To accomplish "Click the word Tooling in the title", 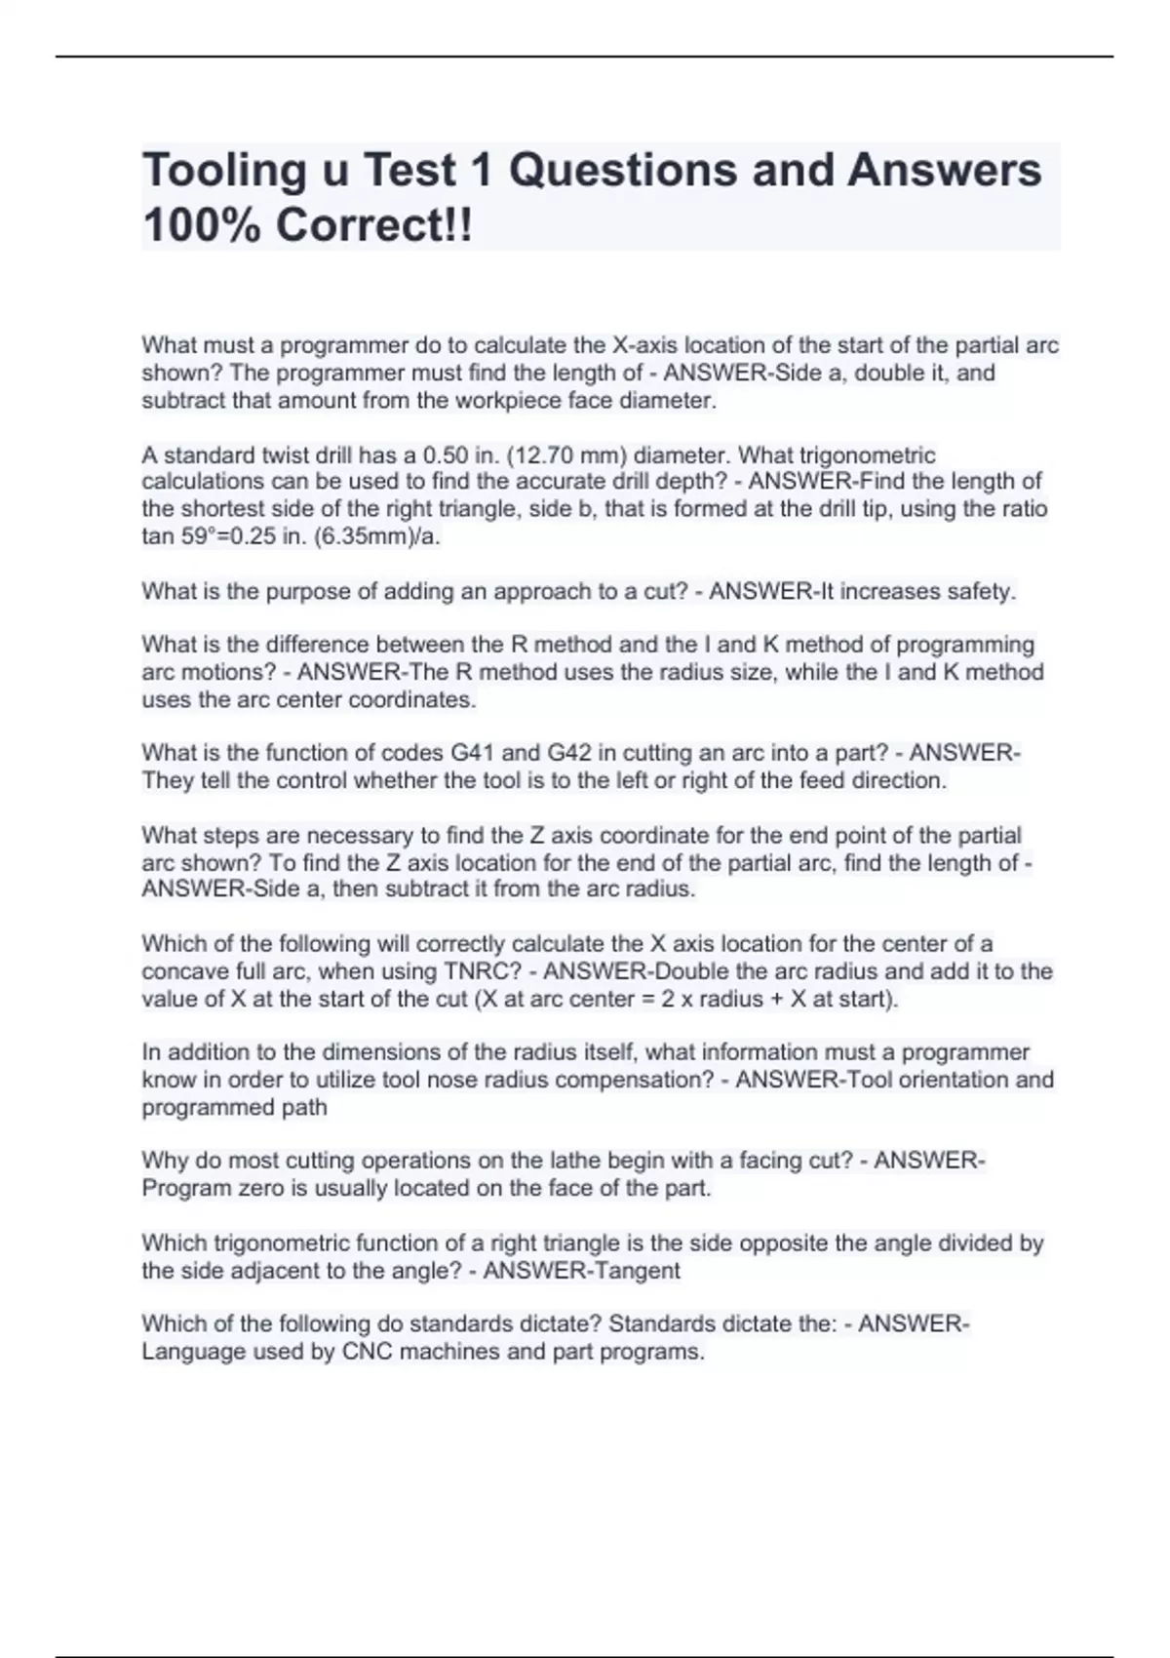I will click(223, 172).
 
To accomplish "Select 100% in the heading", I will click(200, 226).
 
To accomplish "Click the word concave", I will click(182, 971).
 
